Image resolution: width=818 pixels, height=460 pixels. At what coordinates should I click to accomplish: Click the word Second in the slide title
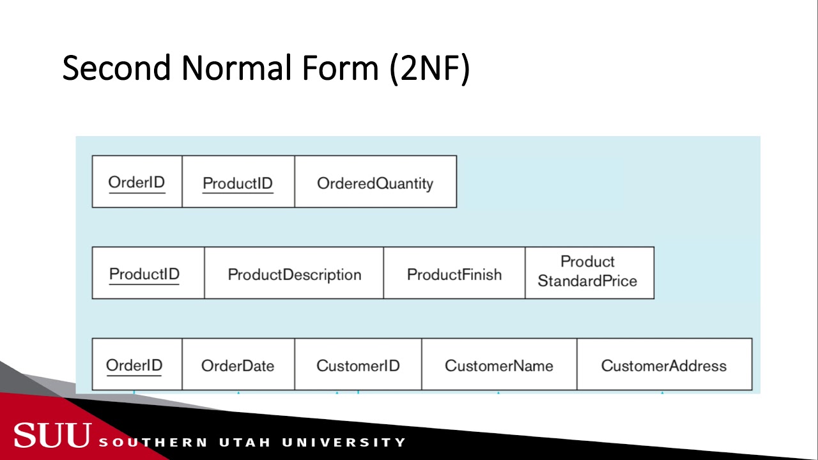pyautogui.click(x=117, y=68)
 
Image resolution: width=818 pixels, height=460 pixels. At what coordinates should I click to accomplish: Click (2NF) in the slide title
pyautogui.click(x=429, y=68)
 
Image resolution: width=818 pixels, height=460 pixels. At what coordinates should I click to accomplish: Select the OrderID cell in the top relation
pyautogui.click(x=137, y=182)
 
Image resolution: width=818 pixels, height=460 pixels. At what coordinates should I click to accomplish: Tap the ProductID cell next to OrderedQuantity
pyautogui.click(x=238, y=183)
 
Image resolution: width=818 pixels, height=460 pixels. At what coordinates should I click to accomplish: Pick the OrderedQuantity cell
pyautogui.click(x=375, y=183)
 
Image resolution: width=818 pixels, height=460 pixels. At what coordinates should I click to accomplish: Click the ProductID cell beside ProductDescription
pyautogui.click(x=144, y=274)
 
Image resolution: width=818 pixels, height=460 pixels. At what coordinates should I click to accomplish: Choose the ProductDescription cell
pyautogui.click(x=295, y=275)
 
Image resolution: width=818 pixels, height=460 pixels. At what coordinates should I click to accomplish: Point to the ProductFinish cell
pyautogui.click(x=454, y=275)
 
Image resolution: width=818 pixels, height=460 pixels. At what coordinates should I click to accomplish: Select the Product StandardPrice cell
pyautogui.click(x=587, y=272)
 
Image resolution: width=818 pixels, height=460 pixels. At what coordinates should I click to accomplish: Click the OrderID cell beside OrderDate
pyautogui.click(x=134, y=365)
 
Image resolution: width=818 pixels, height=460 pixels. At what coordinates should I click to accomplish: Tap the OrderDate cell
pyautogui.click(x=238, y=366)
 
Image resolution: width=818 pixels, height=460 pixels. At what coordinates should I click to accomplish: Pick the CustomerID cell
pyautogui.click(x=358, y=366)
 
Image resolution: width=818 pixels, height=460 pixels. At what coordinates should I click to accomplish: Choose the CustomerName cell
pyautogui.click(x=499, y=366)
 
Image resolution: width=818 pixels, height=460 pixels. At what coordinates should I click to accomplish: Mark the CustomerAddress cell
pyautogui.click(x=664, y=366)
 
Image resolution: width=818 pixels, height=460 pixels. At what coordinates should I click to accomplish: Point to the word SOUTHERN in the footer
pyautogui.click(x=153, y=442)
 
